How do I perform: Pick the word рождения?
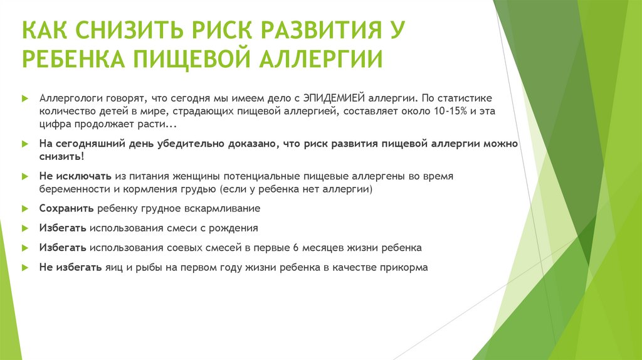coord(236,228)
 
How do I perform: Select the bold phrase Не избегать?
coord(70,267)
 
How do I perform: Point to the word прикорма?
coord(406,267)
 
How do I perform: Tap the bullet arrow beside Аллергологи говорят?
coord(24,99)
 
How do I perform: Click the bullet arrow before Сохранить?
coord(24,208)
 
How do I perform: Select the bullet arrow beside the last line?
coord(24,267)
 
